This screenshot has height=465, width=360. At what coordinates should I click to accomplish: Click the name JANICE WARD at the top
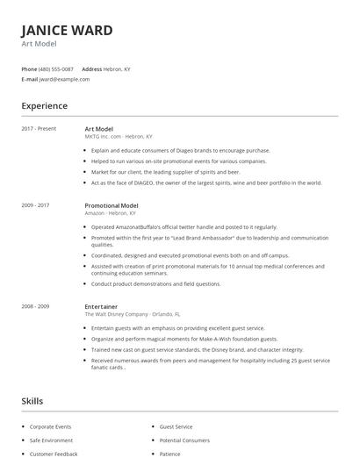click(x=67, y=31)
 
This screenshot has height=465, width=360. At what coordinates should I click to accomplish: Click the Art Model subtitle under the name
click(x=39, y=44)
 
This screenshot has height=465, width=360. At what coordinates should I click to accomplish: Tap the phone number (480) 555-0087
click(x=57, y=68)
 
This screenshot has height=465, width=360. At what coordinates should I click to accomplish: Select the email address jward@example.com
click(x=64, y=79)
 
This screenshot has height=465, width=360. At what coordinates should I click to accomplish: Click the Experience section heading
click(x=44, y=106)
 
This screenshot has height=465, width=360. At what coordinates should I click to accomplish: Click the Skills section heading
click(x=32, y=401)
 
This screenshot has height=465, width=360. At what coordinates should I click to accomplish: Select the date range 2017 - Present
click(x=39, y=129)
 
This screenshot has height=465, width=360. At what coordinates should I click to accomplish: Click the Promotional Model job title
click(x=112, y=205)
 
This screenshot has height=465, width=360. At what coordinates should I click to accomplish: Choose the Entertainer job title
click(x=101, y=306)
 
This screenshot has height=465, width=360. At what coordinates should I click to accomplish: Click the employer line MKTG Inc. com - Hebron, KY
click(x=119, y=137)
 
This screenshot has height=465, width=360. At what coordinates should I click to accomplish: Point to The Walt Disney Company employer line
click(x=132, y=314)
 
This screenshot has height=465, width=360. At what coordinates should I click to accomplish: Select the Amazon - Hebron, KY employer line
click(x=110, y=213)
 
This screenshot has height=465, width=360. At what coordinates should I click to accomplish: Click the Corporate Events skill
click(x=50, y=426)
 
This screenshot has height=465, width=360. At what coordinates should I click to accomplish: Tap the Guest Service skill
click(x=176, y=426)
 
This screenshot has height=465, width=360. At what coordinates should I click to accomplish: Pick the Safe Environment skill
click(x=51, y=440)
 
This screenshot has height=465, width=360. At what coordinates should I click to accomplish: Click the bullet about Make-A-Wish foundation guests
click(x=184, y=339)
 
